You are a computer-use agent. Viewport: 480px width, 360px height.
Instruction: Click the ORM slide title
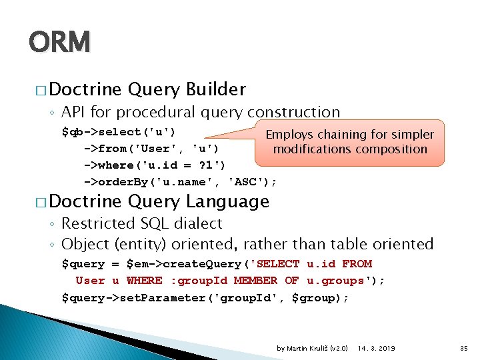click(x=59, y=42)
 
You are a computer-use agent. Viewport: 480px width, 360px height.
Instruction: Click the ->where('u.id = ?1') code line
click(x=154, y=165)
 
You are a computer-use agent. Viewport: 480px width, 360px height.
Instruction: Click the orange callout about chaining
click(x=349, y=142)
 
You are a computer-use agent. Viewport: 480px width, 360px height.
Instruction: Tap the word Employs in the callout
click(x=290, y=135)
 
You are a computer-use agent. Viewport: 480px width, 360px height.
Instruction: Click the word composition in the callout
click(x=389, y=149)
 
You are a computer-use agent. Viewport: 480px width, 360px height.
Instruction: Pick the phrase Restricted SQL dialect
click(x=141, y=223)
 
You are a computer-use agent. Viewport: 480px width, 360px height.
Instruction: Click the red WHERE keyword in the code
click(x=144, y=281)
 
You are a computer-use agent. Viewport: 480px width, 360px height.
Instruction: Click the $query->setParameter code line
click(x=205, y=297)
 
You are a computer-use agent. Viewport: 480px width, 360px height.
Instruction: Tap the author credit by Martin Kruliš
click(x=312, y=348)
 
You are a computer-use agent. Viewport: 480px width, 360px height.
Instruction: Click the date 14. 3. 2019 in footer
click(x=376, y=348)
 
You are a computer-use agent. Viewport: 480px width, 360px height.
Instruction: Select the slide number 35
click(x=464, y=348)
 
